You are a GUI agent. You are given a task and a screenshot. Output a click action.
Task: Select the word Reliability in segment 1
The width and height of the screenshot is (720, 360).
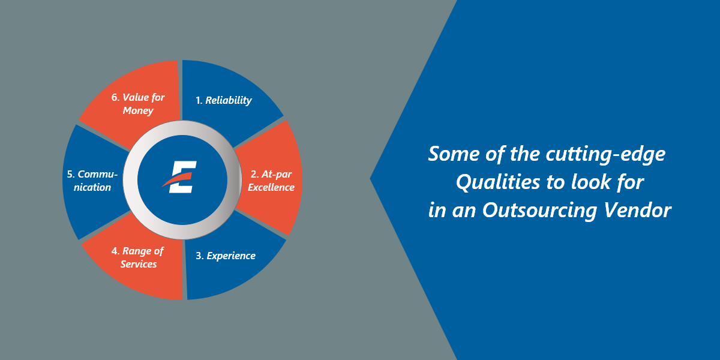coord(229,100)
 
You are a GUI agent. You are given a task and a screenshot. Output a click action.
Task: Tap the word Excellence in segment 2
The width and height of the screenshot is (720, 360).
coord(271,187)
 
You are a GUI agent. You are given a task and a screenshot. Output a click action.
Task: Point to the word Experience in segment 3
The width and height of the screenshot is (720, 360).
coord(231,256)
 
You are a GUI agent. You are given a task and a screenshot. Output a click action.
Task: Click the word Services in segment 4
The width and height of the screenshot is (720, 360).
coord(139,264)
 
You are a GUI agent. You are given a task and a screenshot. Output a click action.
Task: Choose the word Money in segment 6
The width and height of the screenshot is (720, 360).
coord(138,110)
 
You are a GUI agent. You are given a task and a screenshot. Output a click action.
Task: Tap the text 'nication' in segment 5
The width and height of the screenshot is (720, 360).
coord(89,187)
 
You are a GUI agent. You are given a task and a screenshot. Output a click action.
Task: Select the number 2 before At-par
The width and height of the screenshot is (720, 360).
coord(254,174)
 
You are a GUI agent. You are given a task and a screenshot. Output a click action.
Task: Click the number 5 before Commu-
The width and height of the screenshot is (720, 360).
coord(70,174)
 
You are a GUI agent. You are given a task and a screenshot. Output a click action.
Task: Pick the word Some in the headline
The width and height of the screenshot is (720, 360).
coord(449,154)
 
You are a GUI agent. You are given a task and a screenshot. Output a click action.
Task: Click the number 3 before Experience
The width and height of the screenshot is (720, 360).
coord(199,256)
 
